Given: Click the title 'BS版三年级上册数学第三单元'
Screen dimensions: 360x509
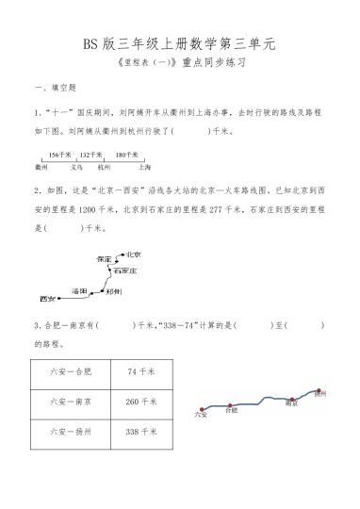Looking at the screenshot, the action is coord(179,43).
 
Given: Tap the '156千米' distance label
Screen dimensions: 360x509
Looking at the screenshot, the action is coord(59,153).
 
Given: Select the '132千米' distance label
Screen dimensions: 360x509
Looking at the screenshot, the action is coord(90,153).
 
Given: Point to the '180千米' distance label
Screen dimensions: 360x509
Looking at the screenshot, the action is coord(127,153).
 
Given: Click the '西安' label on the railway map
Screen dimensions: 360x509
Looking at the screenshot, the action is coord(49,299).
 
